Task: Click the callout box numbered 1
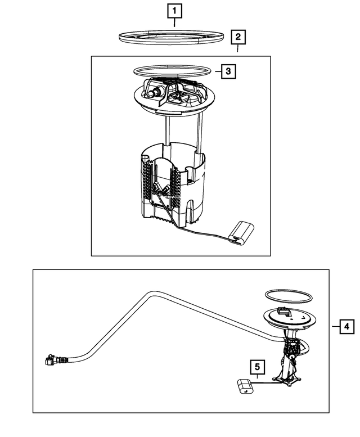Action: [x=174, y=10]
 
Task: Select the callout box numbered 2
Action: [x=238, y=38]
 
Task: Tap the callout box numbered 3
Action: [x=227, y=71]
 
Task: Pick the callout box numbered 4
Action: [x=347, y=326]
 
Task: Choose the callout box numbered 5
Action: [x=258, y=368]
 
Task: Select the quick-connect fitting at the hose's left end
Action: [x=51, y=359]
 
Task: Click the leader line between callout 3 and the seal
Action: [x=217, y=71]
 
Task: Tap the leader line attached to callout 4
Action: [x=335, y=326]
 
